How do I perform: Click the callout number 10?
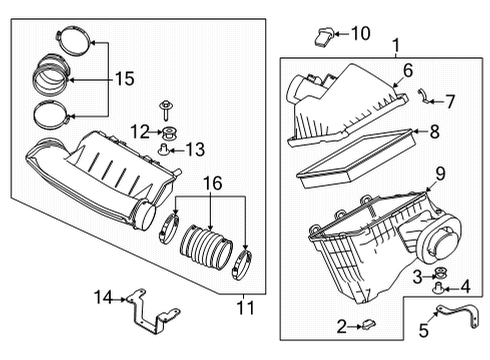point(360,34)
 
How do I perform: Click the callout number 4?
point(465,285)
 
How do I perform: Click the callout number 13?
point(194,150)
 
